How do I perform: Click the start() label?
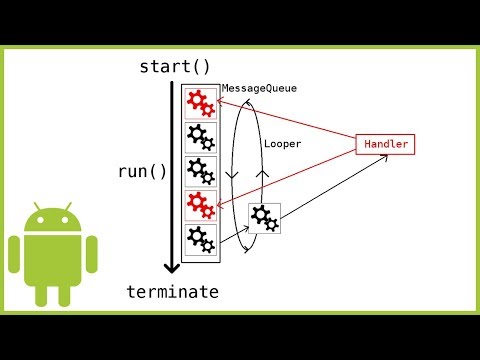[x=175, y=68]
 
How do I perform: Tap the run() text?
[x=143, y=170]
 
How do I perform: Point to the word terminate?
[x=171, y=291]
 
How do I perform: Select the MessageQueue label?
[x=259, y=89]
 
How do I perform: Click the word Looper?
[x=283, y=144]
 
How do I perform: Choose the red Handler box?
[x=384, y=144]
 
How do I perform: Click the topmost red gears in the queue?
[x=200, y=103]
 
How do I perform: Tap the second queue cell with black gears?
[x=200, y=137]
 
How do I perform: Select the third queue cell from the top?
[x=200, y=171]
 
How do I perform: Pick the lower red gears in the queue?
[x=200, y=205]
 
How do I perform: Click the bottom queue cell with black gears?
[x=200, y=239]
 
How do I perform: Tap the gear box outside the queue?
[x=264, y=217]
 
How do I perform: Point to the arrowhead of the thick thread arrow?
[x=172, y=268]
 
